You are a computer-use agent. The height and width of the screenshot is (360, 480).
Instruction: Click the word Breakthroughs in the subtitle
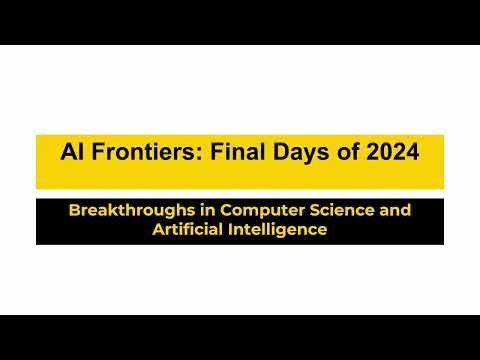pyautogui.click(x=126, y=211)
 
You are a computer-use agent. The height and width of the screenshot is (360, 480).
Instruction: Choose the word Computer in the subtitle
pyautogui.click(x=249, y=211)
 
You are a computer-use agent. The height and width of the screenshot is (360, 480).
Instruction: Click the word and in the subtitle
pyautogui.click(x=391, y=211)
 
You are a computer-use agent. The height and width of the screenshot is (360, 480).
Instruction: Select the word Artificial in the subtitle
pyautogui.click(x=185, y=229)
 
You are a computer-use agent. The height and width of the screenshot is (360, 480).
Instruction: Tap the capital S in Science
pyautogui.click(x=304, y=211)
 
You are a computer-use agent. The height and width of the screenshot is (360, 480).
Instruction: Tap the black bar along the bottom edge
pyautogui.click(x=240, y=337)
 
